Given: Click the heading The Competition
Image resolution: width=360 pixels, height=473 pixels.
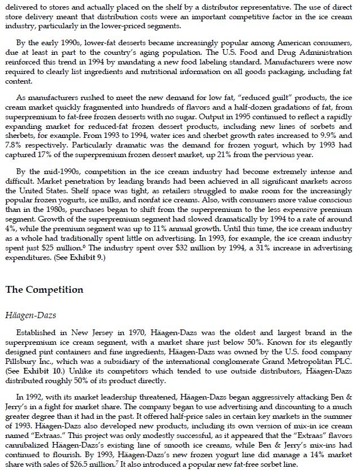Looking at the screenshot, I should (44, 290).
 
